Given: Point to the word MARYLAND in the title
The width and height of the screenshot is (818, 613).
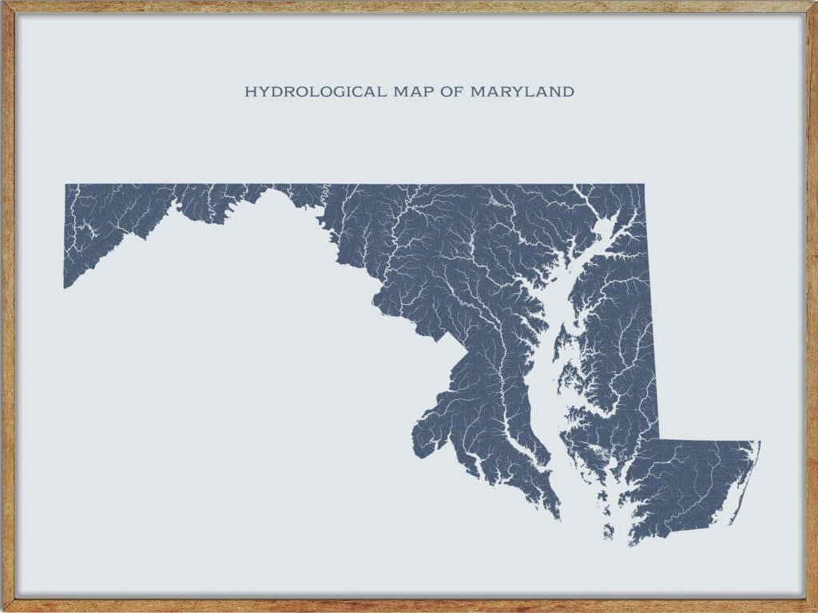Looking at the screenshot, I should click(x=522, y=92).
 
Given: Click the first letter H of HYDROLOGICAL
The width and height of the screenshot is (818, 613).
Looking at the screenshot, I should click(x=249, y=92).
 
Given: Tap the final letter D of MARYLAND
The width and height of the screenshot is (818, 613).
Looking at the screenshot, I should click(x=568, y=92).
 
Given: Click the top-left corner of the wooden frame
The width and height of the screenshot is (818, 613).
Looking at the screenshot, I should click(x=3, y=3).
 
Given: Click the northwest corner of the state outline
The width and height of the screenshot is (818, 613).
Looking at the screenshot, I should click(x=66, y=185).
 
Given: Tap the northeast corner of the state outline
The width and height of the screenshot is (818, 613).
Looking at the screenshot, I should click(x=644, y=185).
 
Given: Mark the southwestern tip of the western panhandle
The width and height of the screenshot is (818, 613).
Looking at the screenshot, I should click(x=65, y=287).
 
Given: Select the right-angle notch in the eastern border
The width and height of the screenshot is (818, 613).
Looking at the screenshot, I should click(x=658, y=440).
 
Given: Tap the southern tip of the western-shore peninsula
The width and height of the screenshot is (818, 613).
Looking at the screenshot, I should click(x=558, y=517).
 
